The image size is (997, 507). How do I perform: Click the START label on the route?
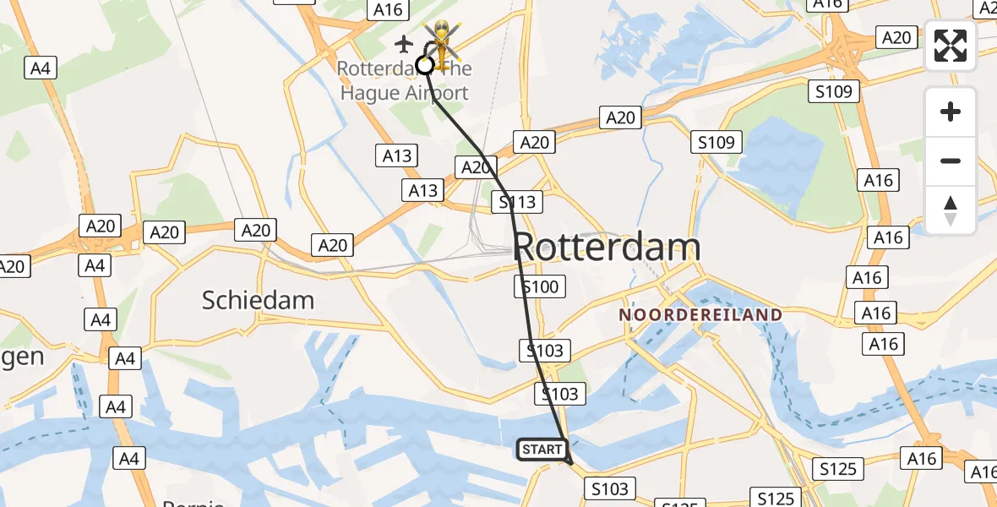pos(542,450)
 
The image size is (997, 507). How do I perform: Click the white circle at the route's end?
pos(424,65)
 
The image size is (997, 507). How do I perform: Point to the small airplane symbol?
pos(405,43)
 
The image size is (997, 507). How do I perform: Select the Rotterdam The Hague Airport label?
pos(404,81)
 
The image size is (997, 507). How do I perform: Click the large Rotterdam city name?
pos(607,248)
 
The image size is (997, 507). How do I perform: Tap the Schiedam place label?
pos(258,300)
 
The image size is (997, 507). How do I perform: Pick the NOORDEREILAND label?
pos(700,314)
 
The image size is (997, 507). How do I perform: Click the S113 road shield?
pos(517,202)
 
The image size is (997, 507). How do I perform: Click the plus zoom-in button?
pos(951,112)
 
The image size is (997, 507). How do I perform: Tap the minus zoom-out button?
pos(951,161)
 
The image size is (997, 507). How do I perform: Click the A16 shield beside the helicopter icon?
pos(388,9)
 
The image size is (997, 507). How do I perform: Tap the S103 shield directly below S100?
pos(548,350)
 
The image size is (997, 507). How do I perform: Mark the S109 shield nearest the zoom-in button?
pos(835,91)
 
